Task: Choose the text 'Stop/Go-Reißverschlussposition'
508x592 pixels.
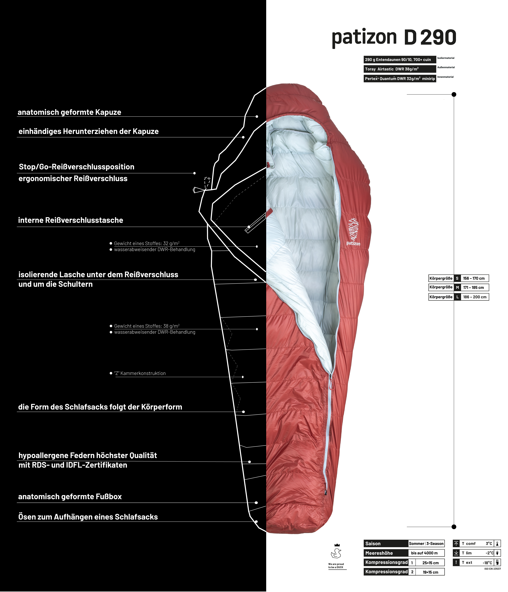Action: pyautogui.click(x=76, y=167)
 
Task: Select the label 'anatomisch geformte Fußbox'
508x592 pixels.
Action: pyautogui.click(x=70, y=497)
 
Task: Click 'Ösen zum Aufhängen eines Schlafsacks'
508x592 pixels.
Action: pyautogui.click(x=88, y=517)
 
